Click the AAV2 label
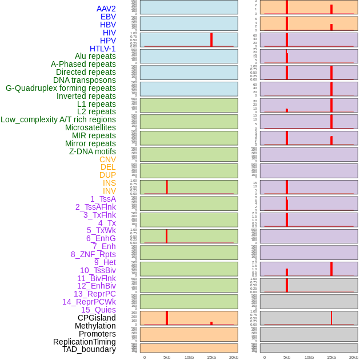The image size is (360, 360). point(106,9)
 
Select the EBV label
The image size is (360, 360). point(108,17)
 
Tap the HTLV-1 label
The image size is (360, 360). point(102,49)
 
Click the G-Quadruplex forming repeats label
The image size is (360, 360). point(61,88)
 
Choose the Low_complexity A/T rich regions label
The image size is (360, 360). point(58,119)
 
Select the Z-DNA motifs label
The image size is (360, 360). point(92,151)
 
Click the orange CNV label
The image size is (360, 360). point(107,159)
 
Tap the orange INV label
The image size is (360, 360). point(109,191)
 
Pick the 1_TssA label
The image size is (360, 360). point(103,199)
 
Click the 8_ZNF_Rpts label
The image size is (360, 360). point(93,254)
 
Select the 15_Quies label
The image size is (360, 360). point(98,310)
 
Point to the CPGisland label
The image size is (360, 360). point(97,318)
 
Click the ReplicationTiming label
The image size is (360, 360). point(85,342)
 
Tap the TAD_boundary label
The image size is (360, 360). point(89,349)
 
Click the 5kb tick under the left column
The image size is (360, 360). point(167,357)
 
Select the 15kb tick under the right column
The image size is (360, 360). point(331,357)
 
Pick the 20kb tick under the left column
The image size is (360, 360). point(234,357)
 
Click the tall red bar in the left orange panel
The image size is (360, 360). point(167,318)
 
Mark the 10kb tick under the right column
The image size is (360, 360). point(309,357)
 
